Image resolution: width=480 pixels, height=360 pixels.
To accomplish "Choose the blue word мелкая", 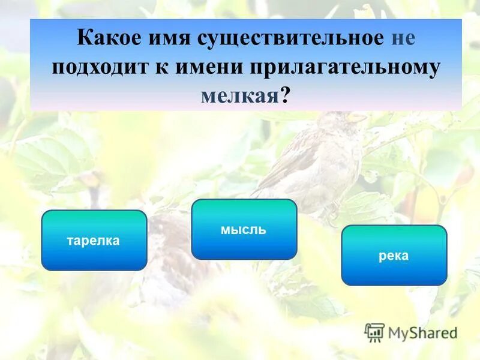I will (x=238, y=95).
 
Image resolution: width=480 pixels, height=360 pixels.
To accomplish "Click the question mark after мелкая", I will (x=284, y=95).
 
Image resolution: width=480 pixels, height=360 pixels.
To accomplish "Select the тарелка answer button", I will (x=94, y=240).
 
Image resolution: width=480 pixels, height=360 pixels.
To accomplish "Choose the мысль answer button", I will (x=244, y=229).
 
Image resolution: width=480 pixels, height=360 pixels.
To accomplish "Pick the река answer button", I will (x=394, y=255).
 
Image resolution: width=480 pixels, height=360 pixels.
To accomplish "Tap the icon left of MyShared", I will (x=374, y=332).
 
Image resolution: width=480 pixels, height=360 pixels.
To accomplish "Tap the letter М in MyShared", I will (x=397, y=332).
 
